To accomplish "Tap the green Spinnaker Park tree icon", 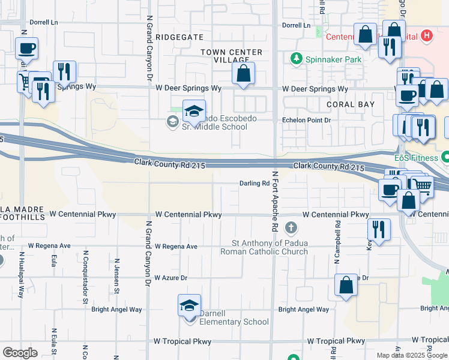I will point(295,59).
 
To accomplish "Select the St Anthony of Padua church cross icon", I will point(291,227).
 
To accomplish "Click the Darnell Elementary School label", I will point(226,322).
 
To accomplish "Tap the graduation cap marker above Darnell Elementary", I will point(189,305).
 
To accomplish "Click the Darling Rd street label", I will point(253,184).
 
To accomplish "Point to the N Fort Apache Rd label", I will point(276,202).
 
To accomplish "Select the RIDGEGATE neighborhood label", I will point(179,37).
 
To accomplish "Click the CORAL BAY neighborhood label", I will point(351,104).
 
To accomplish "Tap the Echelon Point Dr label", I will point(307,120).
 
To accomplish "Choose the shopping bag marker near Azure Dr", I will point(346,286).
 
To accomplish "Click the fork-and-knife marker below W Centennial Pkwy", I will point(379,230).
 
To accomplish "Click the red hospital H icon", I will point(427,36).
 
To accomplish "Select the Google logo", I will point(20,352).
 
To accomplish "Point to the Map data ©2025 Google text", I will point(412,355).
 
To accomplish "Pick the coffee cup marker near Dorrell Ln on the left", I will point(26,49).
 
